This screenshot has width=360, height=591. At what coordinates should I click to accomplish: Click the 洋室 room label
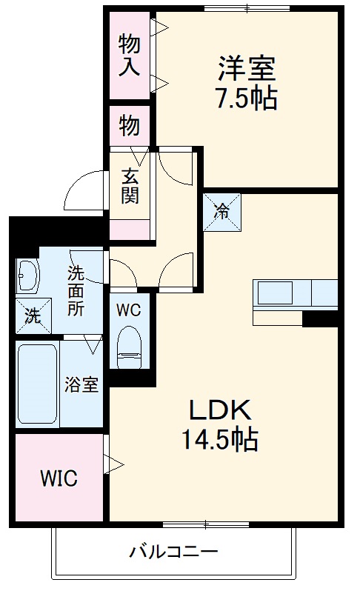[247, 68]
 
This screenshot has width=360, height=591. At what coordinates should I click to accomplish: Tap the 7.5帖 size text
[247, 98]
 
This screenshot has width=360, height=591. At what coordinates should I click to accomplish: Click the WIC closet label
[59, 478]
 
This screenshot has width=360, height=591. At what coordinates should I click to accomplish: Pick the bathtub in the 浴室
[37, 385]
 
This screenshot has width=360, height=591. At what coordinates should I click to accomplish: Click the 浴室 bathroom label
[81, 385]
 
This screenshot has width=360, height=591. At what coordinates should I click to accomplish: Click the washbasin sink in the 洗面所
[29, 276]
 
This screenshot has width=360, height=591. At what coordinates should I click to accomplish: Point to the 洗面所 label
[76, 291]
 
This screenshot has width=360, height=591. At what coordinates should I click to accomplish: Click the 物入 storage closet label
[129, 56]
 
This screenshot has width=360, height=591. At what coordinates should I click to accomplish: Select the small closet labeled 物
[129, 127]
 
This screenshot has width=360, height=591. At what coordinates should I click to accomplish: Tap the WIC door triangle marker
[113, 465]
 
